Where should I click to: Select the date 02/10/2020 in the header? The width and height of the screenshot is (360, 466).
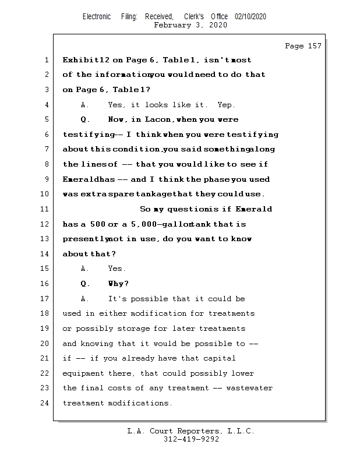point(250,17)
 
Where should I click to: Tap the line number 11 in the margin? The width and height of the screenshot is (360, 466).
point(46,209)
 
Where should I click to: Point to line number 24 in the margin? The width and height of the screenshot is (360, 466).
point(46,403)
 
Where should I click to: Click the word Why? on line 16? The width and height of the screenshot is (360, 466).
point(118,284)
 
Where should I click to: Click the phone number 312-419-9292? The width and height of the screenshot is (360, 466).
point(191,439)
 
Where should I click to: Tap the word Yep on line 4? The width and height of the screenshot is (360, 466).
point(225,105)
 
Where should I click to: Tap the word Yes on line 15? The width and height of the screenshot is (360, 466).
point(116,269)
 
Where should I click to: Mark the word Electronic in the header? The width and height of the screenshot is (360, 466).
point(97,17)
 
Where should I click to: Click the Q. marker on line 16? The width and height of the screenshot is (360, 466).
point(86,284)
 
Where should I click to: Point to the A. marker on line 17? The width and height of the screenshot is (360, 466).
point(86,299)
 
